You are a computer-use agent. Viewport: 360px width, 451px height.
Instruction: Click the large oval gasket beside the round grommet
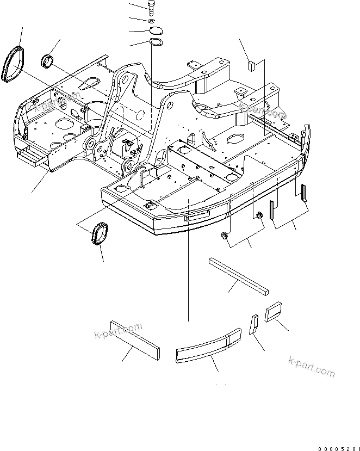(x=12, y=64)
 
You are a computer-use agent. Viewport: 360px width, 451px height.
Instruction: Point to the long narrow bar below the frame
(x=238, y=275)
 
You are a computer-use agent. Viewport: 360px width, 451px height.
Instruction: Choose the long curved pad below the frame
(x=208, y=345)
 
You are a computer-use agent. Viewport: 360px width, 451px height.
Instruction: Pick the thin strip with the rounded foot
(x=305, y=192)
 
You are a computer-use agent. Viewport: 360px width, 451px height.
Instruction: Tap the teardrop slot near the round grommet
(x=88, y=83)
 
